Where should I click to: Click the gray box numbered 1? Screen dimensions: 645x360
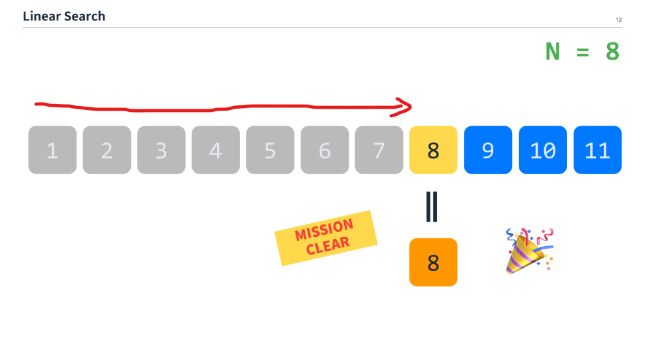tap(52, 150)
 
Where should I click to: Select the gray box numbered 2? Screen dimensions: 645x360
tap(107, 150)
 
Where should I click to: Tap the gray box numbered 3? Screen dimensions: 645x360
tap(161, 150)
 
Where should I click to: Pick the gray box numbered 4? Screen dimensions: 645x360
tap(215, 150)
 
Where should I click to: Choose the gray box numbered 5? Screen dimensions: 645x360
tap(270, 150)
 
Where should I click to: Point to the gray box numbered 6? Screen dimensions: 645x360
tap(324, 150)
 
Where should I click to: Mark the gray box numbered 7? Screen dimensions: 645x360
tap(379, 150)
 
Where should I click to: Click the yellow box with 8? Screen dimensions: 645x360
tap(433, 150)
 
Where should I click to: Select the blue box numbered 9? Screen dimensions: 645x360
tap(488, 150)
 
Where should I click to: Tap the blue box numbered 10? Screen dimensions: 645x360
tap(543, 150)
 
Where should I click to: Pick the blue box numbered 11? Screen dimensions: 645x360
tap(597, 150)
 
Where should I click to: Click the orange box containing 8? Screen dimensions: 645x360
tap(433, 262)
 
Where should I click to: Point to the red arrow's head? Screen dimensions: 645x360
tap(406, 107)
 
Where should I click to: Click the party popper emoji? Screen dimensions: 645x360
tap(529, 249)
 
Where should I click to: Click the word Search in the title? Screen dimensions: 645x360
tap(85, 16)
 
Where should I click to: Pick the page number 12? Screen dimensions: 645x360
tap(618, 20)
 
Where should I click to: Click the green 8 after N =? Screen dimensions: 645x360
tap(612, 51)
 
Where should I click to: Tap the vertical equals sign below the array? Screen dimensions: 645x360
tap(432, 206)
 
